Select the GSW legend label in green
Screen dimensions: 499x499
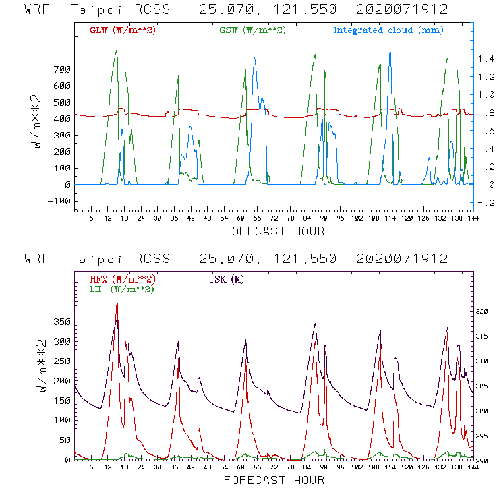coord(252,30)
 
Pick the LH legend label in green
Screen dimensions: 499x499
coord(122,289)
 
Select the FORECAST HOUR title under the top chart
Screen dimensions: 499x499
coord(273,231)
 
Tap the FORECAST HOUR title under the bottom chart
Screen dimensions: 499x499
coord(273,480)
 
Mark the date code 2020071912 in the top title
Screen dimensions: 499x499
coord(410,9)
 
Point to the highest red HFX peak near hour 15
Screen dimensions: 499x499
coord(117,303)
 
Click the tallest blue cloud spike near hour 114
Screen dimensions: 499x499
coord(390,51)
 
